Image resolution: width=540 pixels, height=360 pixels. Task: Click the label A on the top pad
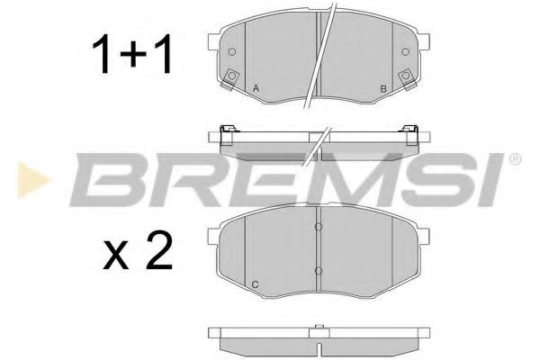tap(256, 88)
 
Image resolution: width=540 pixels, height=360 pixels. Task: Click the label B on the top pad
tap(383, 88)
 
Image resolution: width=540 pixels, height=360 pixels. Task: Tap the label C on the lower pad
tap(255, 286)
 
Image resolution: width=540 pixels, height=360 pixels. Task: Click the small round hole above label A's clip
tap(232, 51)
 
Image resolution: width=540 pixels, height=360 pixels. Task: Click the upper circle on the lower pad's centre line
tap(319, 227)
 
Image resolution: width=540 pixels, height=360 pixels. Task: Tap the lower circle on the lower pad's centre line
tap(319, 269)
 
